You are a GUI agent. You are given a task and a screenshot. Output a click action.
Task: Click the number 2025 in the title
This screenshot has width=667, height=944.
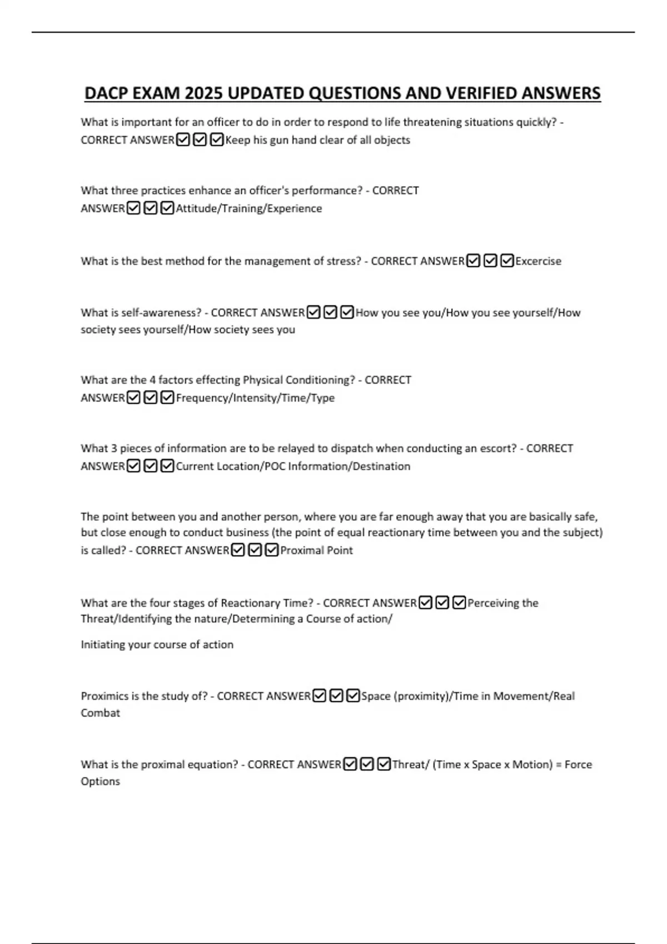point(203,93)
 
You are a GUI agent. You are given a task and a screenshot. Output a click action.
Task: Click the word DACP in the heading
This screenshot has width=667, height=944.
point(106,93)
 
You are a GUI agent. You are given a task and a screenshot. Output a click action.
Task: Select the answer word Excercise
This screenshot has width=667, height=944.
point(538,261)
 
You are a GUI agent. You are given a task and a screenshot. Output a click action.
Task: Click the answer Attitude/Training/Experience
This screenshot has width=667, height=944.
point(248,209)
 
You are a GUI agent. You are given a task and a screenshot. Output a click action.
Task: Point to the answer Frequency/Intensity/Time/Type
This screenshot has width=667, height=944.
point(255,398)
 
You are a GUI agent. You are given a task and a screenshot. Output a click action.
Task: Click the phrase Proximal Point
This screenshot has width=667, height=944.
point(316,550)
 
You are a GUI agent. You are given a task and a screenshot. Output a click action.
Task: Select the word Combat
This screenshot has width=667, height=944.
point(100,713)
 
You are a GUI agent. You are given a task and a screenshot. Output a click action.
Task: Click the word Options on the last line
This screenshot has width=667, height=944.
point(100,781)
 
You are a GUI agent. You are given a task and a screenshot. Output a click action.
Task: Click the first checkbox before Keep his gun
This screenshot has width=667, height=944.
point(182,140)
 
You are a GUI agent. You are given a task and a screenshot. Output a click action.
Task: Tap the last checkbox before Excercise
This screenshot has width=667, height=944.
point(507,261)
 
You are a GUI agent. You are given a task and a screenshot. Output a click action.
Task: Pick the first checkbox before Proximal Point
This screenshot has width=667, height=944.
point(237,550)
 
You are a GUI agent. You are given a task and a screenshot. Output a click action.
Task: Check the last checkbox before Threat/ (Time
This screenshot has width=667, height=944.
point(384,765)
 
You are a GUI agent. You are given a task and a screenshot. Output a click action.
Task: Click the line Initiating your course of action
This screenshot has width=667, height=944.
point(157,645)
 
